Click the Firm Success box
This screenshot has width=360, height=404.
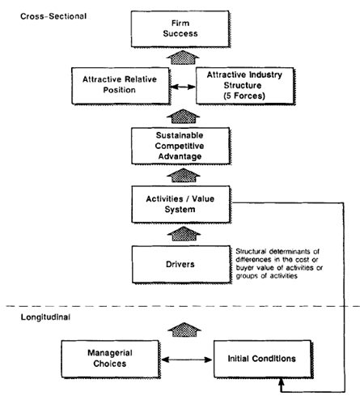(180, 29)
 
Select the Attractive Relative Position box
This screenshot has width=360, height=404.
(121, 86)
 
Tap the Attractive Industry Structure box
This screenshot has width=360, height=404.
(245, 86)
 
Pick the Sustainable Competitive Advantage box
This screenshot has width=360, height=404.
(181, 146)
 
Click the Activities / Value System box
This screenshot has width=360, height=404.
(181, 204)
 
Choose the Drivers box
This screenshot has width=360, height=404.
(181, 264)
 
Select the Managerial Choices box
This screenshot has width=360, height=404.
(111, 359)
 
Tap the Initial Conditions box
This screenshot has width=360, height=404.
(263, 359)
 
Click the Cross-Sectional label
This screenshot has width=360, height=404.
(53, 16)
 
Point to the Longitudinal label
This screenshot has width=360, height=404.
(45, 317)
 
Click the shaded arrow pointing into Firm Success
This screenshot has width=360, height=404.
(183, 57)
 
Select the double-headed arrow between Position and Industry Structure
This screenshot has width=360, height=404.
(183, 87)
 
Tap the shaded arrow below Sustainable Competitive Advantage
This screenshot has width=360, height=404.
(184, 175)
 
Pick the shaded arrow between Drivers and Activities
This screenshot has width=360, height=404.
(184, 233)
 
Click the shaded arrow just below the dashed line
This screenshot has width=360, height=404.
(184, 330)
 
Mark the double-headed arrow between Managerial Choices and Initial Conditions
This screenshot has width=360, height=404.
(187, 359)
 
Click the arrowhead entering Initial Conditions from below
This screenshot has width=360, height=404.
(282, 381)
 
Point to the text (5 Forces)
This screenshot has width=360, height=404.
(244, 96)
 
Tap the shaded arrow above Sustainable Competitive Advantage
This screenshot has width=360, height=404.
(183, 117)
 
